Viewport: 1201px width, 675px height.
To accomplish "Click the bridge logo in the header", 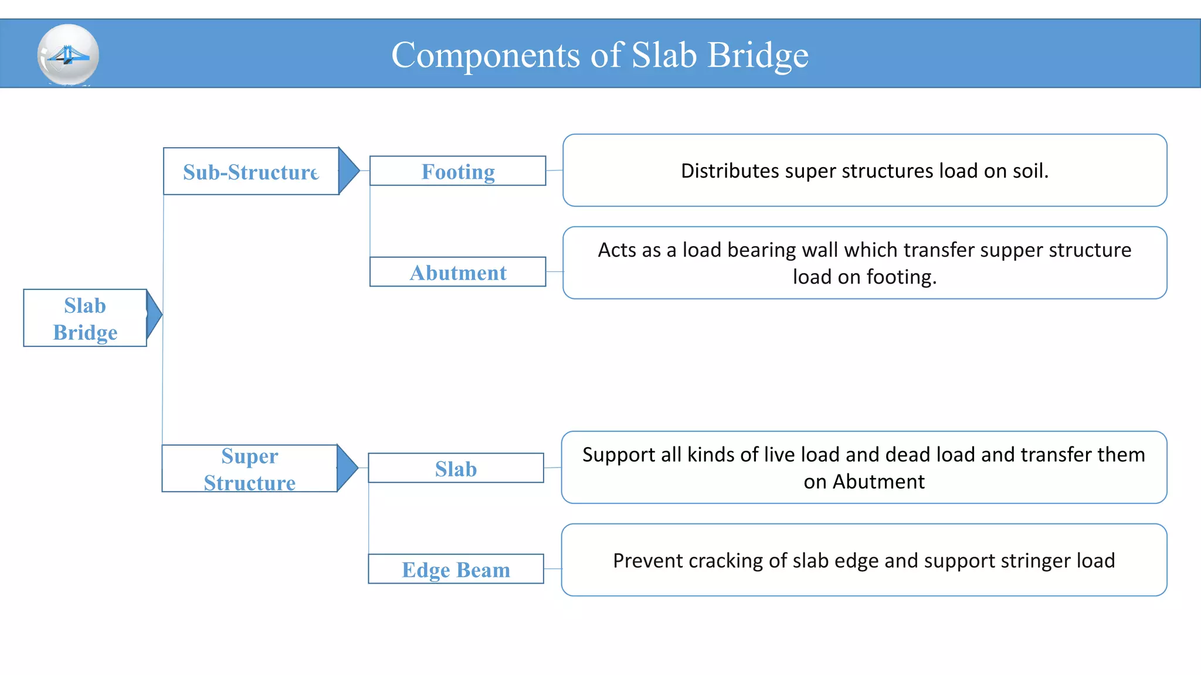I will pos(68,55).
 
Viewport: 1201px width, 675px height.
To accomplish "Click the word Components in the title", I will pos(485,56).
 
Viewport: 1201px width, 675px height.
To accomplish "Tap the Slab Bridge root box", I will pos(85,318).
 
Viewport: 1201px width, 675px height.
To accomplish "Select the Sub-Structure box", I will pos(250,172).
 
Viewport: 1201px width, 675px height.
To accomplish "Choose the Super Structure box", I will pos(249,469).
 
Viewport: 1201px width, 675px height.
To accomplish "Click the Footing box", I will pos(457,171).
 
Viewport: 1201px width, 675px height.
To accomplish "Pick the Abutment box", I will pos(457,272).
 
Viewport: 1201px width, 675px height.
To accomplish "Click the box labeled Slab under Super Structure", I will pos(456,468).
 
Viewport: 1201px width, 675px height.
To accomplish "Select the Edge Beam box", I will pos(456,570).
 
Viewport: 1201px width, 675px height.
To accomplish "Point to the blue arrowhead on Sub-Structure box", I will pos(348,171).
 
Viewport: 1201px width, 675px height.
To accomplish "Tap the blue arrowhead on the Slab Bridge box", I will pos(153,315).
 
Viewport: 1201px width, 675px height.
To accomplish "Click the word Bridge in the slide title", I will pos(758,56).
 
